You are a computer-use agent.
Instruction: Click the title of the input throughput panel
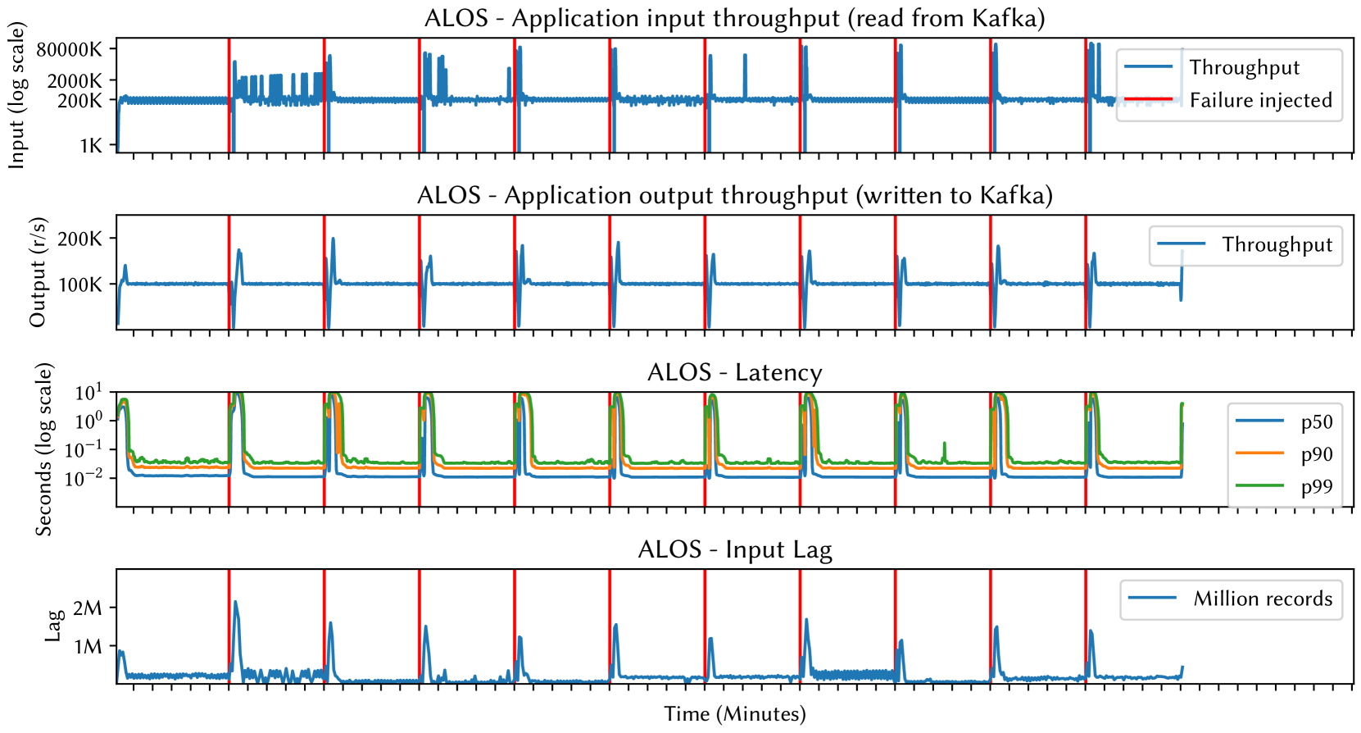734,18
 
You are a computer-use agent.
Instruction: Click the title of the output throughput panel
734,195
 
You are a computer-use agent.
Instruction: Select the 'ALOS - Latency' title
734,372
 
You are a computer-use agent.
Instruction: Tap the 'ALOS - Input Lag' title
734,549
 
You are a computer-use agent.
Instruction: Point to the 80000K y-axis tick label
70,49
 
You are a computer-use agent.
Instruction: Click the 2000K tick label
75,80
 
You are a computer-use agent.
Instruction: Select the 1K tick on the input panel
91,146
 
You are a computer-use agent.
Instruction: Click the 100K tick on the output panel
79,285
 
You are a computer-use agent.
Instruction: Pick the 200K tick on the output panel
79,239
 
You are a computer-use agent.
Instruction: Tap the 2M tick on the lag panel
87,608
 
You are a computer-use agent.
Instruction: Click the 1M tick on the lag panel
87,647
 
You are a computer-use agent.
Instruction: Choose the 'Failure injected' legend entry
1260,100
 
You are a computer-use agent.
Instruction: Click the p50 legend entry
1316,421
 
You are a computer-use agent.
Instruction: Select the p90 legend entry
1316,454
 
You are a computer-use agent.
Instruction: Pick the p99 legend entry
1316,486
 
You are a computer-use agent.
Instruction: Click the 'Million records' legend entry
1262,599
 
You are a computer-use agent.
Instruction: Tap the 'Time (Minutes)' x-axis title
734,714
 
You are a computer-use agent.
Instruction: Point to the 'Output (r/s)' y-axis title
38,272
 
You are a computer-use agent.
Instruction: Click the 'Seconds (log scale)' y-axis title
43,449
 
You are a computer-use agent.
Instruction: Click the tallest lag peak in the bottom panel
235,602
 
